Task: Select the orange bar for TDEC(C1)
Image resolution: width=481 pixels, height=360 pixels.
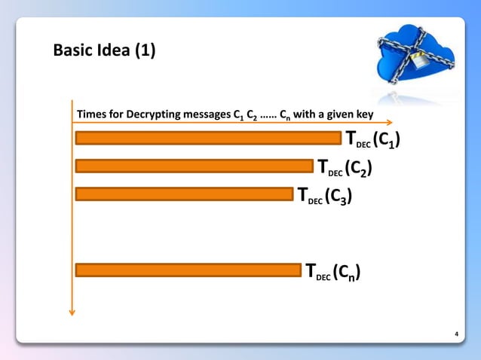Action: click(208, 138)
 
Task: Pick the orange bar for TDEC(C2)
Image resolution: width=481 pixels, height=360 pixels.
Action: click(194, 166)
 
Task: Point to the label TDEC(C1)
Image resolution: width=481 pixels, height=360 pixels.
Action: click(372, 139)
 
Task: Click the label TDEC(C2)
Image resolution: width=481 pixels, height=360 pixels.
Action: click(345, 167)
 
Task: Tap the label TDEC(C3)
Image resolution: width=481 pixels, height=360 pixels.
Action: click(324, 196)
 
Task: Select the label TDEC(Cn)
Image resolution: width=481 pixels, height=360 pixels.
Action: click(331, 272)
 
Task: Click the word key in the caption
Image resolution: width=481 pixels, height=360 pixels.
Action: click(375, 114)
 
